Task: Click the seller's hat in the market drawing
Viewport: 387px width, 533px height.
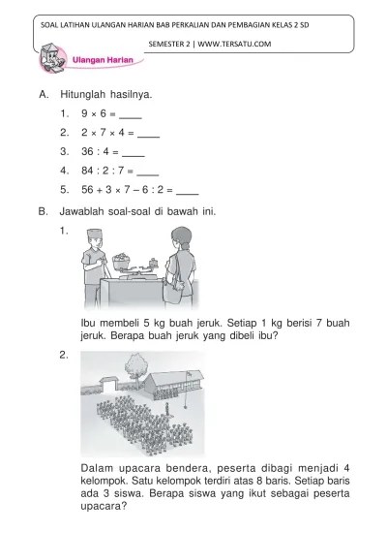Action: pyautogui.click(x=93, y=233)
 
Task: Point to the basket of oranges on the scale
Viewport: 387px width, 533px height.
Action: pyautogui.click(x=123, y=259)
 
